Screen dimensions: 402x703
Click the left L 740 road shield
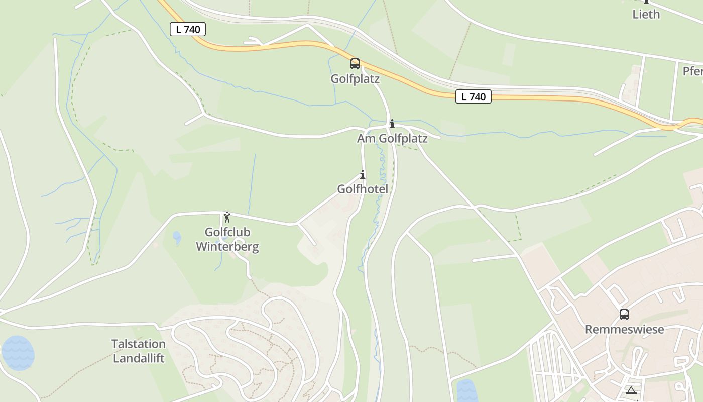188,29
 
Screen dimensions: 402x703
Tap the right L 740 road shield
473,96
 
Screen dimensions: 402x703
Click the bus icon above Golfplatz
355,64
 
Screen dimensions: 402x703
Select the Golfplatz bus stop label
355,79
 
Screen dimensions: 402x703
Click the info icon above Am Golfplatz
392,124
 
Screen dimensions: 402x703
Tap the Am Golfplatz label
392,138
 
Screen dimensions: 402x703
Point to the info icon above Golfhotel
363,175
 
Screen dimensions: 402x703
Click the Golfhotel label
363,189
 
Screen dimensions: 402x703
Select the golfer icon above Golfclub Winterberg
227,217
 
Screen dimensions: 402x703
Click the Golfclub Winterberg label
227,239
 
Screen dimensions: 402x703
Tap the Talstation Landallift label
139,351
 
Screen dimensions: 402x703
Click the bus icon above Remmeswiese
624,315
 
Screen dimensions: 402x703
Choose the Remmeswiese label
624,329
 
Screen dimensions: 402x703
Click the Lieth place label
646,14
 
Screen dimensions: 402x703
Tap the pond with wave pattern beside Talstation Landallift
18,353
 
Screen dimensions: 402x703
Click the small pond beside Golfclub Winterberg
177,237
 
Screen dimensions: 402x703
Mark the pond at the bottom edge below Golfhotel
466,391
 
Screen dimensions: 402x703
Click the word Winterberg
227,246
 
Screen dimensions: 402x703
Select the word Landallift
139,358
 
